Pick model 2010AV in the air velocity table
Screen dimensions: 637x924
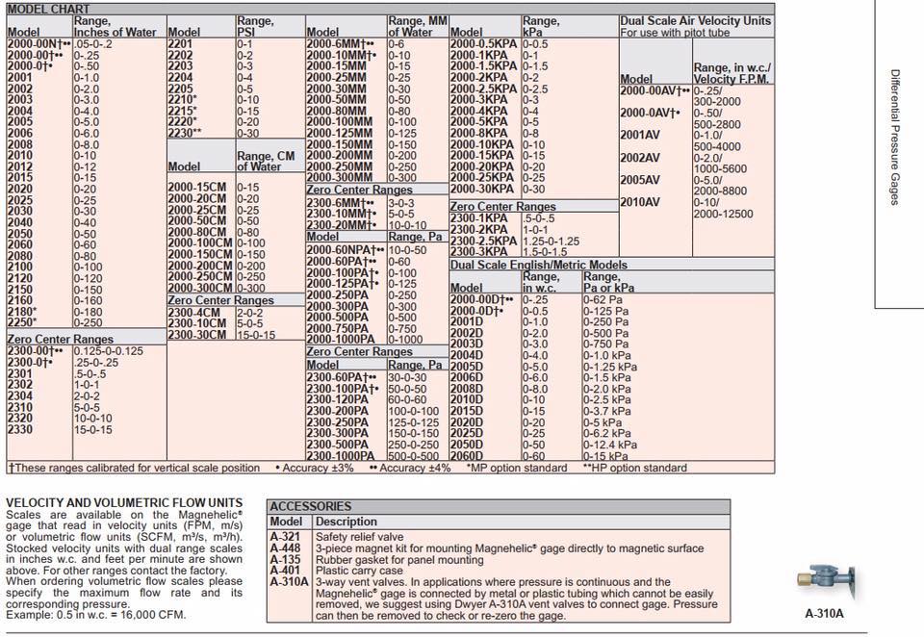[640, 202]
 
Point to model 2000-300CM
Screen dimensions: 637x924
[200, 288]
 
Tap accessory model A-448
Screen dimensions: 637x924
[285, 548]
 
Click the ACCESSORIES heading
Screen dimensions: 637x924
[311, 506]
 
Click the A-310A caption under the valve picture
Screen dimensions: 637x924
[825, 612]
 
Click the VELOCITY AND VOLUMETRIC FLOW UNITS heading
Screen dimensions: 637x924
[124, 502]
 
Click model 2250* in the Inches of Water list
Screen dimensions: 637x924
[21, 323]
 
